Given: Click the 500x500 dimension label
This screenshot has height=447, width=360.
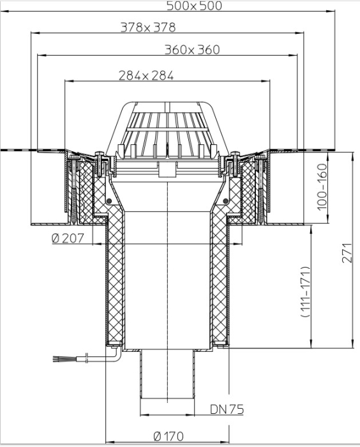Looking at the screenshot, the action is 194,6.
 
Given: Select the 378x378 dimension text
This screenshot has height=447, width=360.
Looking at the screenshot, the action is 148,27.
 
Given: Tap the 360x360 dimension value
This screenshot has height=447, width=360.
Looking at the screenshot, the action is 192,50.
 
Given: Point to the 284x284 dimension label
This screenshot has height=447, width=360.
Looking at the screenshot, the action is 146,75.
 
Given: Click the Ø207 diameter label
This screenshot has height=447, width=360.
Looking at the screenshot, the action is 68,238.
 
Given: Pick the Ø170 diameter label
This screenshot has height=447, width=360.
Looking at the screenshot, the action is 169,436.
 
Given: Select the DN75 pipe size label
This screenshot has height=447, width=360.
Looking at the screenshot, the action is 227,409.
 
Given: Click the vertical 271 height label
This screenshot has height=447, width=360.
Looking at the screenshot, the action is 347,253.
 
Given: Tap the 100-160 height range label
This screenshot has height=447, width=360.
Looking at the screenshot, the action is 322,186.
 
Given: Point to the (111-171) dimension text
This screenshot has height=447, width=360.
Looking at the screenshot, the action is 305,292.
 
